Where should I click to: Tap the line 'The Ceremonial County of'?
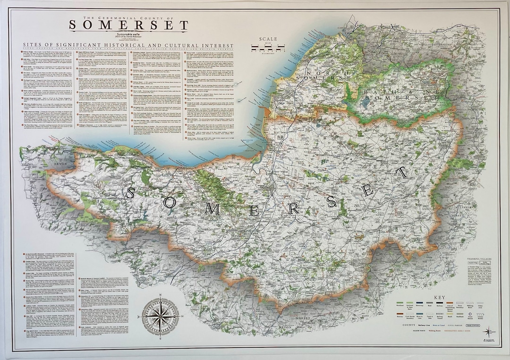[128, 17]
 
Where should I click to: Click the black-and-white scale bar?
[270, 48]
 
